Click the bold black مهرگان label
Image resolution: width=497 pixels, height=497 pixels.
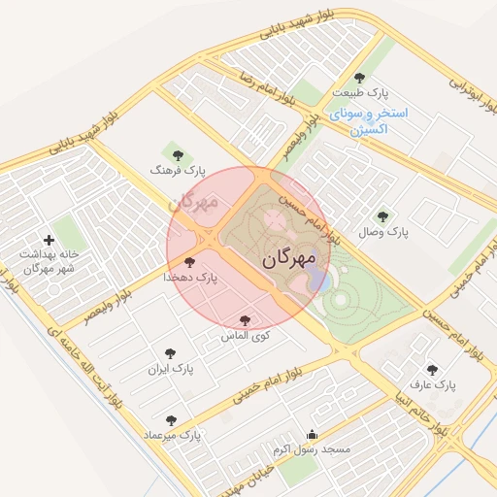pyautogui.click(x=289, y=259)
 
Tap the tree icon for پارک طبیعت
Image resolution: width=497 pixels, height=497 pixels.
pyautogui.click(x=359, y=78)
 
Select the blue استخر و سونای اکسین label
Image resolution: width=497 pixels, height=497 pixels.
pyautogui.click(x=369, y=120)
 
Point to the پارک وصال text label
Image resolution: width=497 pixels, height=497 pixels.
pyautogui.click(x=383, y=233)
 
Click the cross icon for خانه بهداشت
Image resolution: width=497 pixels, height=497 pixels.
pyautogui.click(x=49, y=239)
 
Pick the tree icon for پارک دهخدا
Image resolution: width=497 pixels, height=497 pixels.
pyautogui.click(x=189, y=262)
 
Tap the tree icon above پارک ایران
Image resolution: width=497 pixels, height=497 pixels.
pyautogui.click(x=171, y=353)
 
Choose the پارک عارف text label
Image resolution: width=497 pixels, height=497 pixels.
pyautogui.click(x=433, y=385)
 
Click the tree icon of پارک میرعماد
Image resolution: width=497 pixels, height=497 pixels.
pyautogui.click(x=171, y=420)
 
